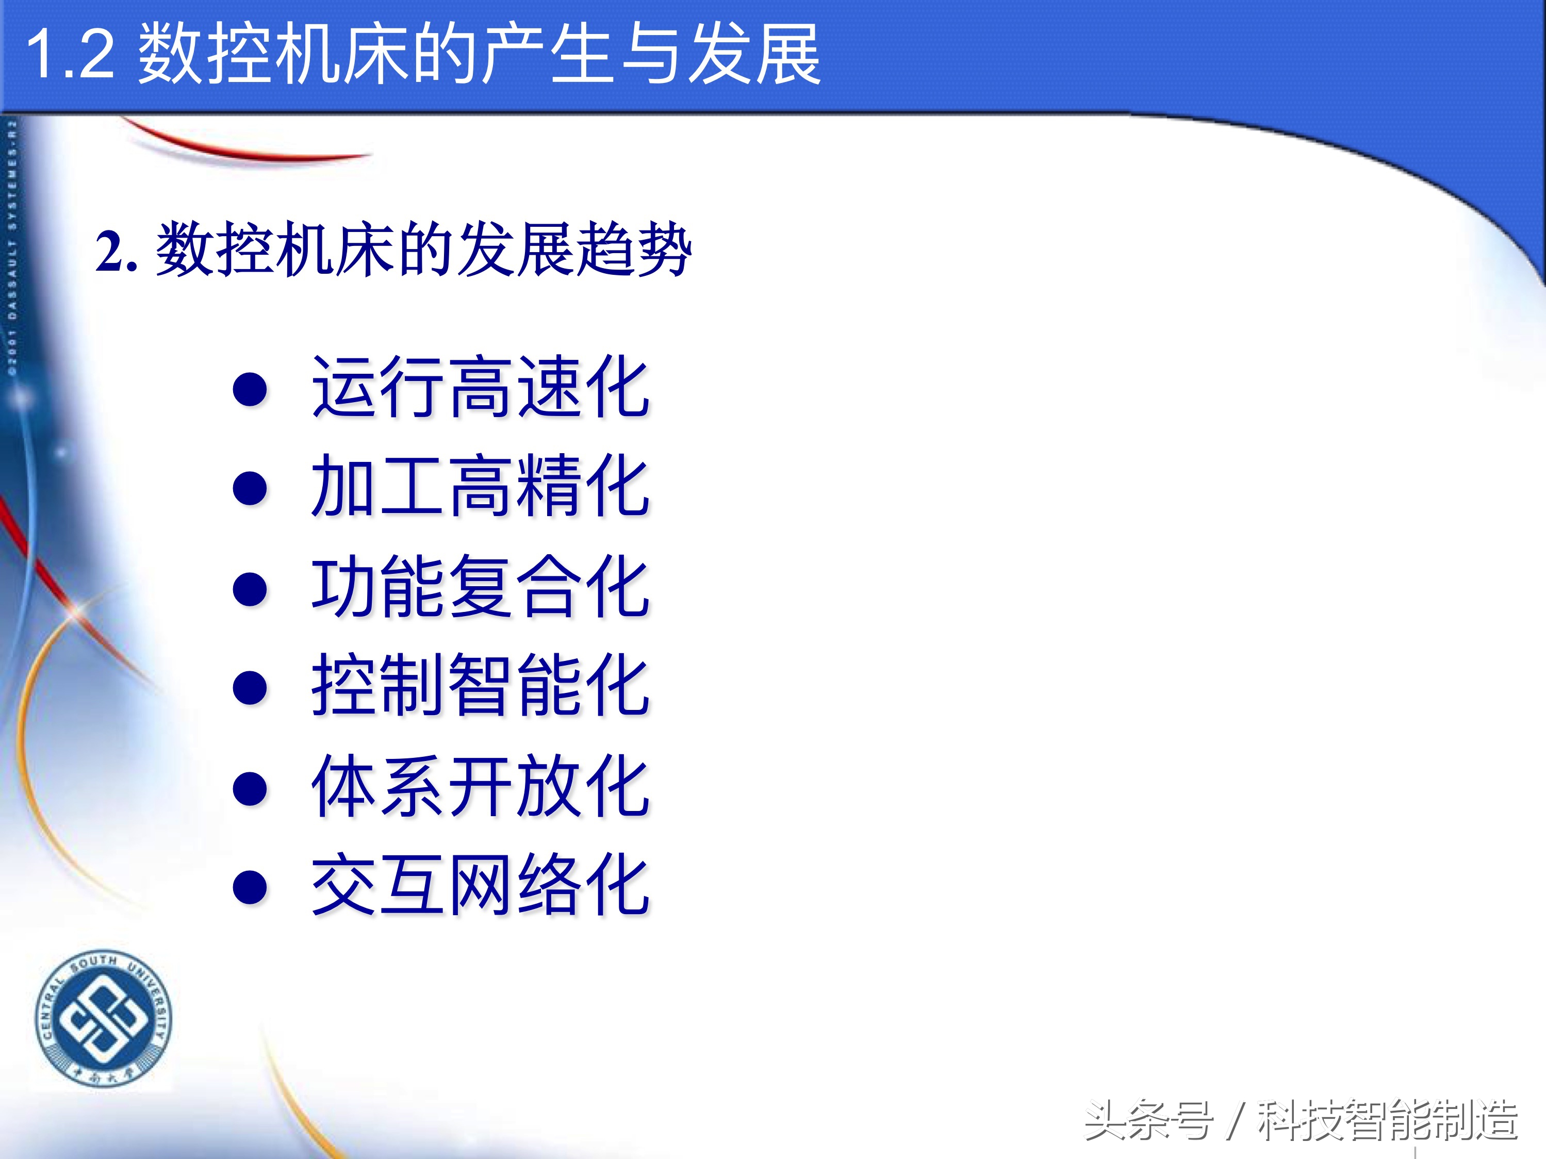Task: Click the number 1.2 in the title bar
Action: point(70,55)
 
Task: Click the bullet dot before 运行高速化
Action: point(250,389)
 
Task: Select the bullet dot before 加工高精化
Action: point(250,488)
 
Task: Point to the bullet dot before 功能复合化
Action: point(250,588)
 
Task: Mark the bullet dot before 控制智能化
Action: point(250,687)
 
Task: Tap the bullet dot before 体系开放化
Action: point(250,788)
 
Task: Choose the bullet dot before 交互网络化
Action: point(250,887)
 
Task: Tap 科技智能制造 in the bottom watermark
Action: point(1387,1120)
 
